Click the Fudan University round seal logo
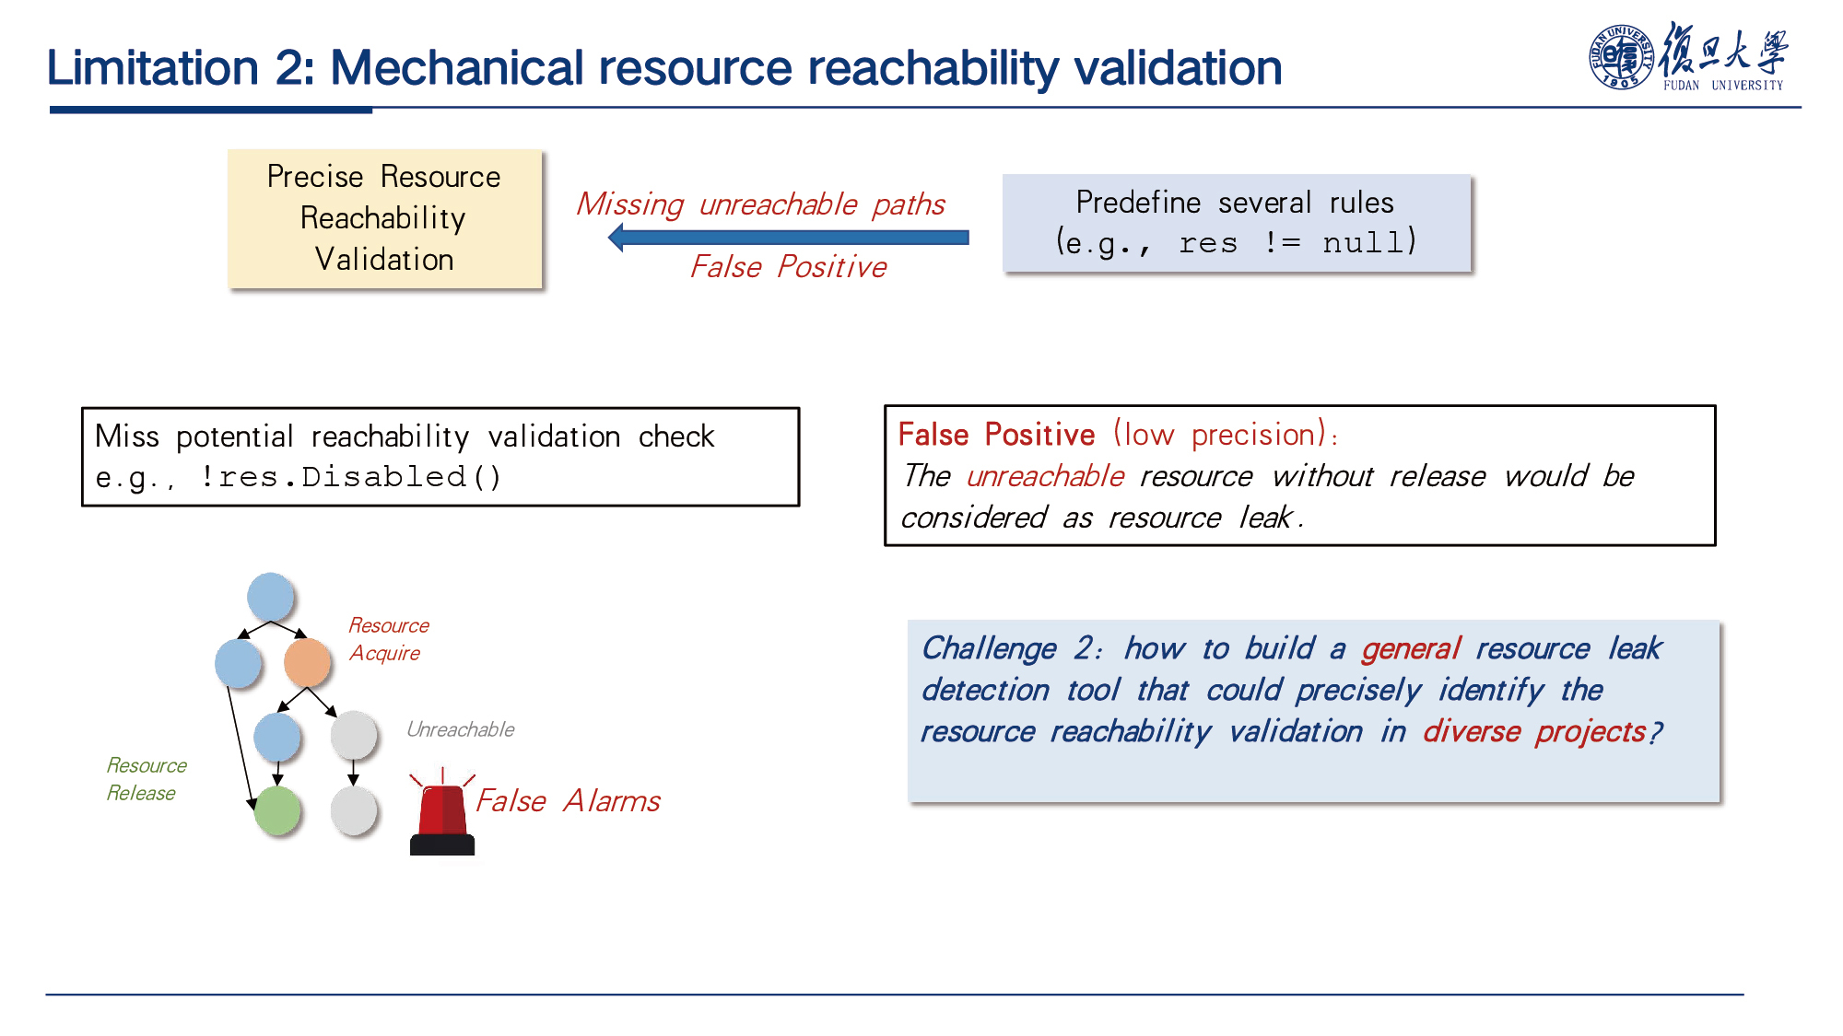(x=1621, y=57)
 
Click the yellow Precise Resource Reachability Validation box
(x=385, y=218)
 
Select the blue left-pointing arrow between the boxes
(x=789, y=238)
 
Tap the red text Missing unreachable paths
(x=760, y=204)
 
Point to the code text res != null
(x=1297, y=242)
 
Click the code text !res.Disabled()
(x=350, y=477)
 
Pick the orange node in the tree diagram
(x=307, y=662)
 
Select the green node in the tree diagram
(x=277, y=810)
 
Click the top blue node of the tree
(x=271, y=597)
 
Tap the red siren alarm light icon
(x=442, y=811)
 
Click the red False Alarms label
(x=568, y=800)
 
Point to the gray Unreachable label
(x=461, y=729)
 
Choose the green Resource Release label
(x=146, y=779)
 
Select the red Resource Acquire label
(x=389, y=639)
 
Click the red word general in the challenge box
(x=1411, y=649)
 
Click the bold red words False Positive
(x=996, y=434)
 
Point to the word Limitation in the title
(x=153, y=67)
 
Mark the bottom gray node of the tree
(x=354, y=810)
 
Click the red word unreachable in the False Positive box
(x=1045, y=476)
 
